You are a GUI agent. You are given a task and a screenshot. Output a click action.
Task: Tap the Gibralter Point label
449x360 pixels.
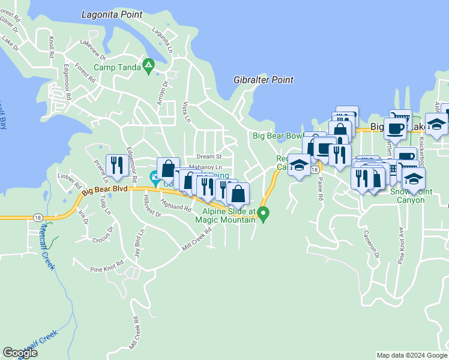click(x=263, y=80)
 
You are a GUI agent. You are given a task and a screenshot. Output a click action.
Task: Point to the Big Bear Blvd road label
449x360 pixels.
click(x=105, y=190)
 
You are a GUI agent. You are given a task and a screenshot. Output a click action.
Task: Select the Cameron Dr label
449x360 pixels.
click(x=368, y=246)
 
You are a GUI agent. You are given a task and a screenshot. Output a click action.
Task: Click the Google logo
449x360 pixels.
click(x=20, y=353)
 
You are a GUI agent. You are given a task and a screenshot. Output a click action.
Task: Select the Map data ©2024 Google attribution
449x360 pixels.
click(x=412, y=355)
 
